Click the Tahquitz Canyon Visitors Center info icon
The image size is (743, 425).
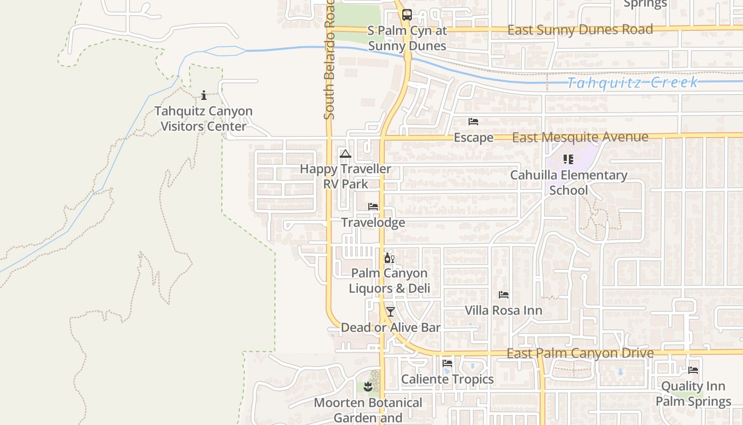tap(204, 96)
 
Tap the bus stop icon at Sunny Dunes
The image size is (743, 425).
tap(407, 15)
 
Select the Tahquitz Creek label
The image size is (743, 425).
tap(632, 82)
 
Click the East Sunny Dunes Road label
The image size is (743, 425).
tap(580, 30)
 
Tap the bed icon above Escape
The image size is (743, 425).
tap(473, 122)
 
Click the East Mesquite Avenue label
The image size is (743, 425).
tap(580, 137)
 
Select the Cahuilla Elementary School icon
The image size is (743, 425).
tap(568, 159)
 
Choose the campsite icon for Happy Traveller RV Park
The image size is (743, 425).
tap(345, 154)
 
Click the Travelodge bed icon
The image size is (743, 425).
tap(373, 206)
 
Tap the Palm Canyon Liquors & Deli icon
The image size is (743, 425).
tap(389, 258)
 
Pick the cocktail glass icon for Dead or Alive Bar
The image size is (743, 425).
tap(391, 311)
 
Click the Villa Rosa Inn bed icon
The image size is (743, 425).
tap(504, 294)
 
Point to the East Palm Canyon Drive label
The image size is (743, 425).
tap(580, 353)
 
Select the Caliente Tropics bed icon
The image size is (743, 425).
tap(447, 363)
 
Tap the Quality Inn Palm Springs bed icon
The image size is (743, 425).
tap(693, 370)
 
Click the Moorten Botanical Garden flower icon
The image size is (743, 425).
tap(368, 387)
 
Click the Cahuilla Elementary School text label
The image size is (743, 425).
tap(569, 182)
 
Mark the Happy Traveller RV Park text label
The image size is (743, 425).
tap(345, 176)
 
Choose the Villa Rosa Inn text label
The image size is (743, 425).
tap(504, 310)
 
